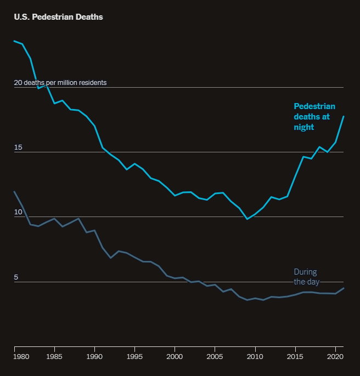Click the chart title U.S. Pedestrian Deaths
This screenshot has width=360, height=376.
(x=58, y=17)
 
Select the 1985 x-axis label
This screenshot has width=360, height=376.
(x=54, y=357)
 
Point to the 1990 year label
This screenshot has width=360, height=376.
(x=94, y=357)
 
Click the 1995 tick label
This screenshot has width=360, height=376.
(x=134, y=357)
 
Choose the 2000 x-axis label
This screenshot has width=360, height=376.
(x=175, y=357)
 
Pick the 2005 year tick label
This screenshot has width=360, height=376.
(x=215, y=357)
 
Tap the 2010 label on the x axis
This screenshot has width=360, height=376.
(x=255, y=357)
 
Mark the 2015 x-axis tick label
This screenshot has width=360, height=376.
(x=295, y=357)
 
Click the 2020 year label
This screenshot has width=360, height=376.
(x=335, y=357)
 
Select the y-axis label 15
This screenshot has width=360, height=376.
(x=18, y=147)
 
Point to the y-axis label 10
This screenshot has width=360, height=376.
(x=18, y=212)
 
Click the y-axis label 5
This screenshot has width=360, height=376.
(x=16, y=277)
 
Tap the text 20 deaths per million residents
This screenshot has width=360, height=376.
(x=60, y=83)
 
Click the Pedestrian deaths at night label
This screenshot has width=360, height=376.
(x=314, y=117)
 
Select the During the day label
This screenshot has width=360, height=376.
(x=306, y=277)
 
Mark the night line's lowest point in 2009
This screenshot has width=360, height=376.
(x=247, y=219)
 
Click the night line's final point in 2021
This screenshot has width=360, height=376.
(x=344, y=116)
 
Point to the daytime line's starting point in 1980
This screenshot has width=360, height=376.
(x=14, y=192)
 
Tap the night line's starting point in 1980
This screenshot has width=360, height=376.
(x=14, y=41)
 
